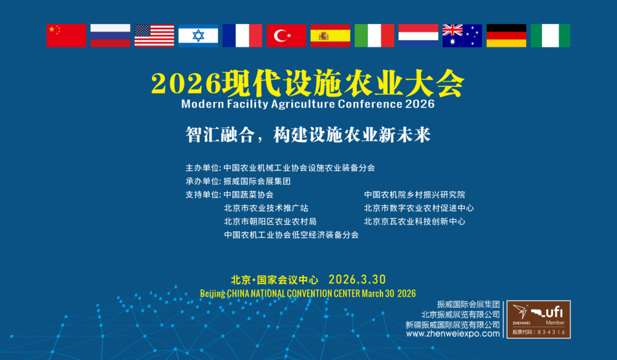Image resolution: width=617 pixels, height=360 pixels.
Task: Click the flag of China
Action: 66,35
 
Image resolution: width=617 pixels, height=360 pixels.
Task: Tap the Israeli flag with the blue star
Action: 198,35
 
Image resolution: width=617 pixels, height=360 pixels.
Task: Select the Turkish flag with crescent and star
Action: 286,35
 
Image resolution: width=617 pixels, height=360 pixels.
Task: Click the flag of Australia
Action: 462,35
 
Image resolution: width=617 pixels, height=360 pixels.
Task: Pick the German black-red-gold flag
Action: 506,35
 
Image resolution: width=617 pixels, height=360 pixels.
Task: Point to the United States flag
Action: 154,35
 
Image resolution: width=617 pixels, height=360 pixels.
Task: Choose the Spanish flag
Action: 330,35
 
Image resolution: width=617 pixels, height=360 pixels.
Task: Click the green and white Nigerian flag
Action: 550,35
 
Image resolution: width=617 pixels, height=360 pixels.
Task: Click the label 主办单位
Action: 202,168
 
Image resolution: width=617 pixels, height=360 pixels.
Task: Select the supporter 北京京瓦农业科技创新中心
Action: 415,221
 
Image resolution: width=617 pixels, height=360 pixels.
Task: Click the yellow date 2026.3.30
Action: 357,279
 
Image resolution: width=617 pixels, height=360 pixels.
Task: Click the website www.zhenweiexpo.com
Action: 452,334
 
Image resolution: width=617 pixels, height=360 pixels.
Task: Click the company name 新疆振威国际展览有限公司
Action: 453,324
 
